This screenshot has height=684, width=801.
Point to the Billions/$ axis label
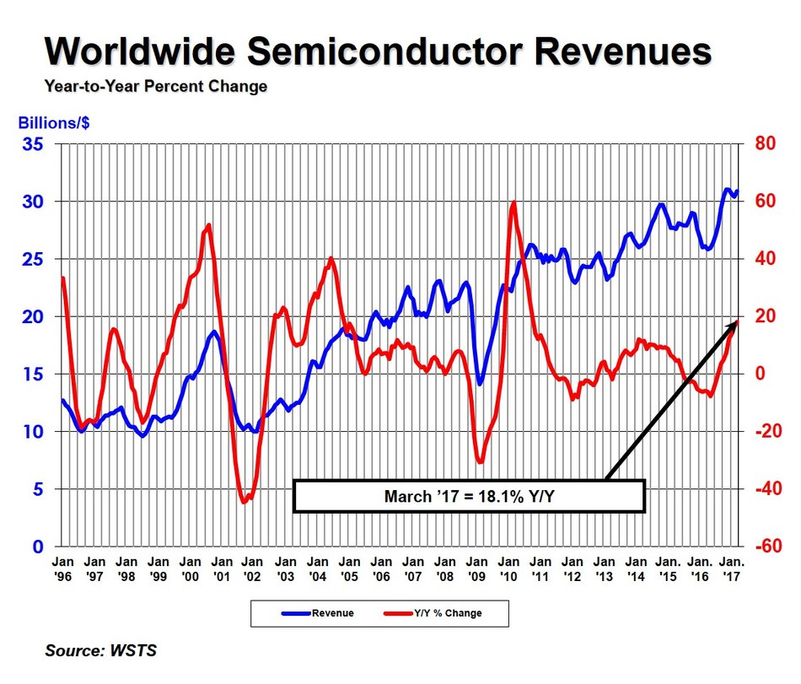54,122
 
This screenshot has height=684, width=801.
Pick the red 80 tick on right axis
763,144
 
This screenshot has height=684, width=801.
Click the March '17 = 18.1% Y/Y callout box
469,496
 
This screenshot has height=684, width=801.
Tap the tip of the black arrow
739,320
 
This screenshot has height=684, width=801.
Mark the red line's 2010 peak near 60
513,202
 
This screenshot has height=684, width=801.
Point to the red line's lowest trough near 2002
245,502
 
